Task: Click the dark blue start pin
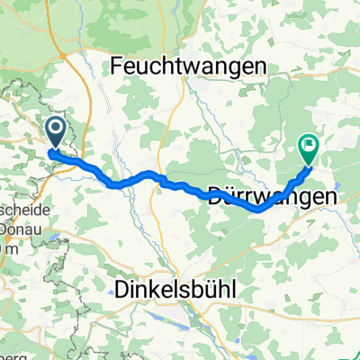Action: click(x=56, y=133)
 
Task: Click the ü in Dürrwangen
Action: click(x=230, y=193)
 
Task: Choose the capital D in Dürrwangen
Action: click(x=215, y=193)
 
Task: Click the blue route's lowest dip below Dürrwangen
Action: click(x=258, y=209)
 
